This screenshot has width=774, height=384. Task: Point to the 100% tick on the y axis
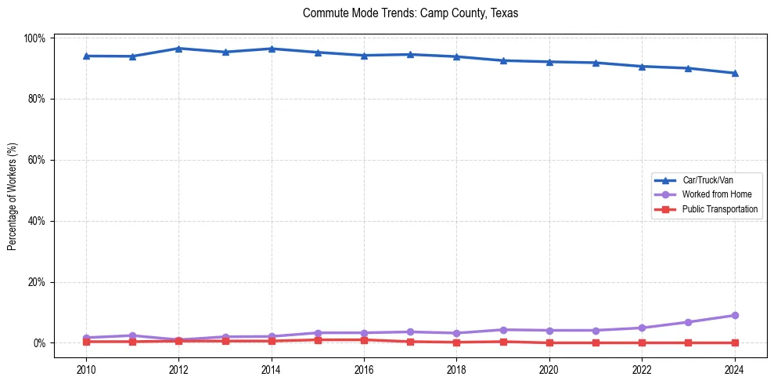click(x=35, y=38)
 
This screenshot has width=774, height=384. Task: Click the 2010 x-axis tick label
click(x=86, y=369)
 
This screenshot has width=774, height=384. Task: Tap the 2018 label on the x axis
click(x=456, y=369)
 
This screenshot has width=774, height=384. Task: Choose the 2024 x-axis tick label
click(x=734, y=369)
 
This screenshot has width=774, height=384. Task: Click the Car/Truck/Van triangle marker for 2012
click(x=178, y=49)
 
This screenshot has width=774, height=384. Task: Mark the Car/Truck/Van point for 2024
click(x=734, y=73)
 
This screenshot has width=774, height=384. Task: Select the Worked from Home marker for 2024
click(x=734, y=315)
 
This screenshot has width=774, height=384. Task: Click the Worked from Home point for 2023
click(x=688, y=322)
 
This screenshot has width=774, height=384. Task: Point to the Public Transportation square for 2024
click(x=734, y=342)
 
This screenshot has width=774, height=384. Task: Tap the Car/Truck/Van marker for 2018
click(x=456, y=56)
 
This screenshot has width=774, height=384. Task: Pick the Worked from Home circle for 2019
click(x=502, y=330)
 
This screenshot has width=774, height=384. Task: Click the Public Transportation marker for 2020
click(x=549, y=342)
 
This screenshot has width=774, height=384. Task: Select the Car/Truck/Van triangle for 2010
click(x=86, y=56)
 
